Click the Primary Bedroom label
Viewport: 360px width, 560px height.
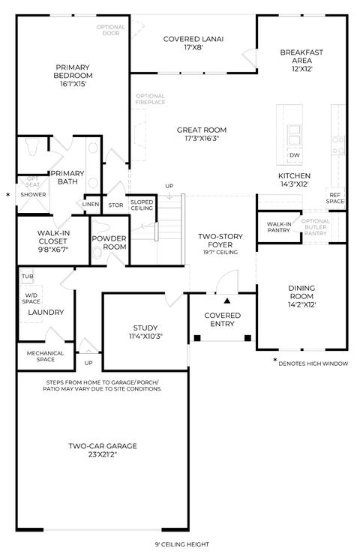tap(73, 71)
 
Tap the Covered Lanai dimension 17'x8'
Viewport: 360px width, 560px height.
tap(193, 47)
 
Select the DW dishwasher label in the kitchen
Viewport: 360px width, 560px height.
tap(295, 155)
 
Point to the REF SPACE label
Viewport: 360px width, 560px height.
tap(335, 198)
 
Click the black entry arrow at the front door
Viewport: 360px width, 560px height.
tap(227, 301)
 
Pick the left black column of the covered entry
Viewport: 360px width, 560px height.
tap(197, 338)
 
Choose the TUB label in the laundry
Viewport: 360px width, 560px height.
tap(28, 277)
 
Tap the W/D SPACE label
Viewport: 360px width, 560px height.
tap(31, 298)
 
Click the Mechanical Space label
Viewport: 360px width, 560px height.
tap(45, 356)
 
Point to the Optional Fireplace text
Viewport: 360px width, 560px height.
tap(150, 99)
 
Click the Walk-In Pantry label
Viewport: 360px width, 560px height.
tap(279, 227)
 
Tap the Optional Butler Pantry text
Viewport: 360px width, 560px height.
tap(316, 227)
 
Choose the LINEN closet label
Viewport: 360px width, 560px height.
tap(91, 205)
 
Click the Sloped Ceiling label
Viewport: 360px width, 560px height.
tap(142, 205)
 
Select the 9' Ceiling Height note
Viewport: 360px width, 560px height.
tap(182, 545)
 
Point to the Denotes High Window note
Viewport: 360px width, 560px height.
tap(313, 364)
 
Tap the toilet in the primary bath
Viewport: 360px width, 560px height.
tap(33, 147)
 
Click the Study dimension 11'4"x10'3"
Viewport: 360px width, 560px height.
tap(145, 336)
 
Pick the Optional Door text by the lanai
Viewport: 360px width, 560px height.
tap(111, 30)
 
